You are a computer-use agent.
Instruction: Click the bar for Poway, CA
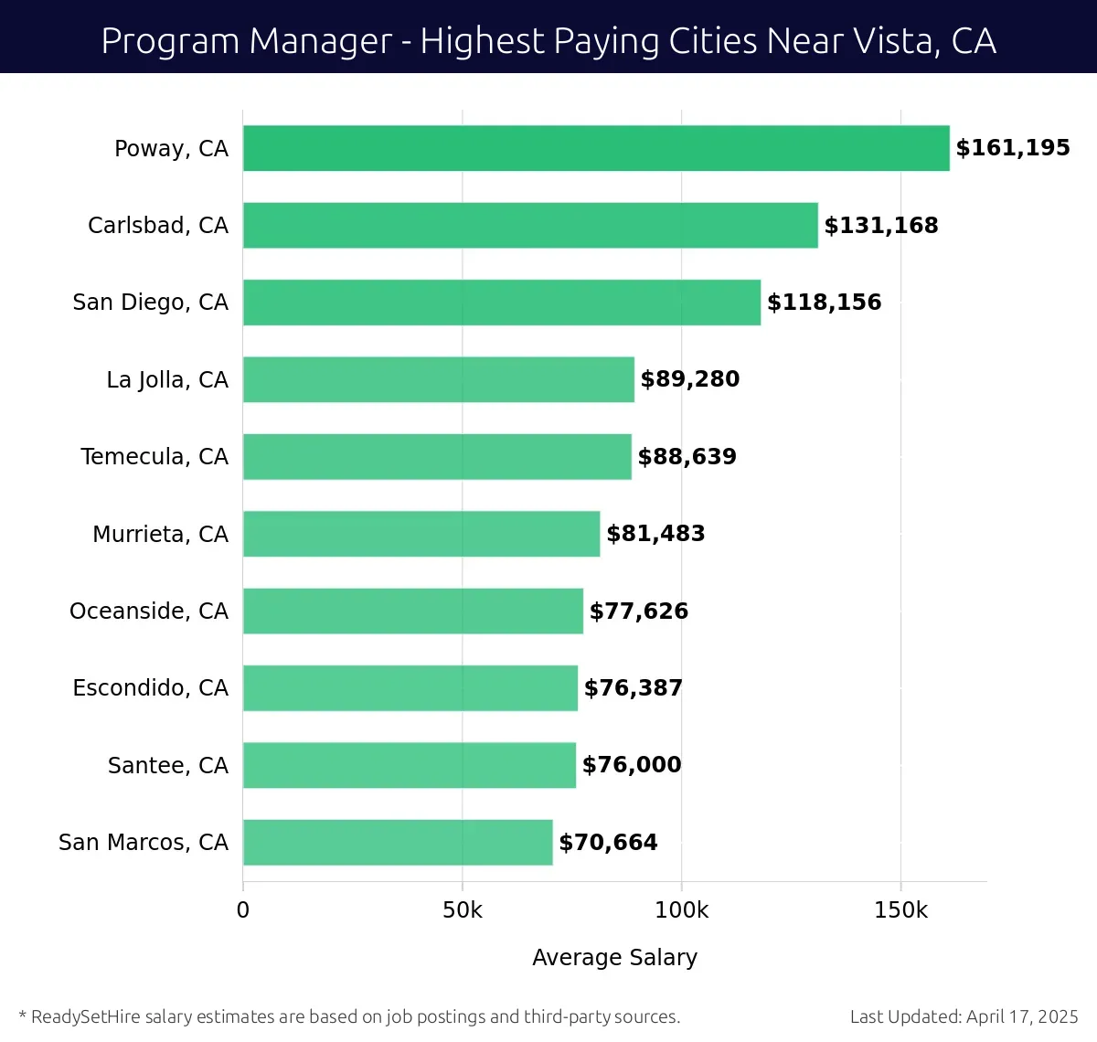596,148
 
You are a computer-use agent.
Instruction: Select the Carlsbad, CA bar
530,226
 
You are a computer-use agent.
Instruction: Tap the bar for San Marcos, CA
398,843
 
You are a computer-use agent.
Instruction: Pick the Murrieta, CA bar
421,534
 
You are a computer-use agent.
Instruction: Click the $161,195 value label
1013,148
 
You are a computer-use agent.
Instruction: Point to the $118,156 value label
824,303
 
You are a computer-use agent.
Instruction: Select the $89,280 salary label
689,379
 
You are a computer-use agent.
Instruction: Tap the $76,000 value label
632,765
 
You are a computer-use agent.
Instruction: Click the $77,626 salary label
638,611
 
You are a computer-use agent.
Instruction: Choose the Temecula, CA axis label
154,457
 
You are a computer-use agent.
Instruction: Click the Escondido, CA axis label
151,688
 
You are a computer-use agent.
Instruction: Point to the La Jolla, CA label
167,380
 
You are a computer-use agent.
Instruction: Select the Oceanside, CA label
149,611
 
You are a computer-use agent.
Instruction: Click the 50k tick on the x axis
463,910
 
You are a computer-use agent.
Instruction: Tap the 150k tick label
900,910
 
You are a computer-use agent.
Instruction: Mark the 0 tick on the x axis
243,910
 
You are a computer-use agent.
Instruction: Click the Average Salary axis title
614,958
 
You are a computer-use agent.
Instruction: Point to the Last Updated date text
964,1016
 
